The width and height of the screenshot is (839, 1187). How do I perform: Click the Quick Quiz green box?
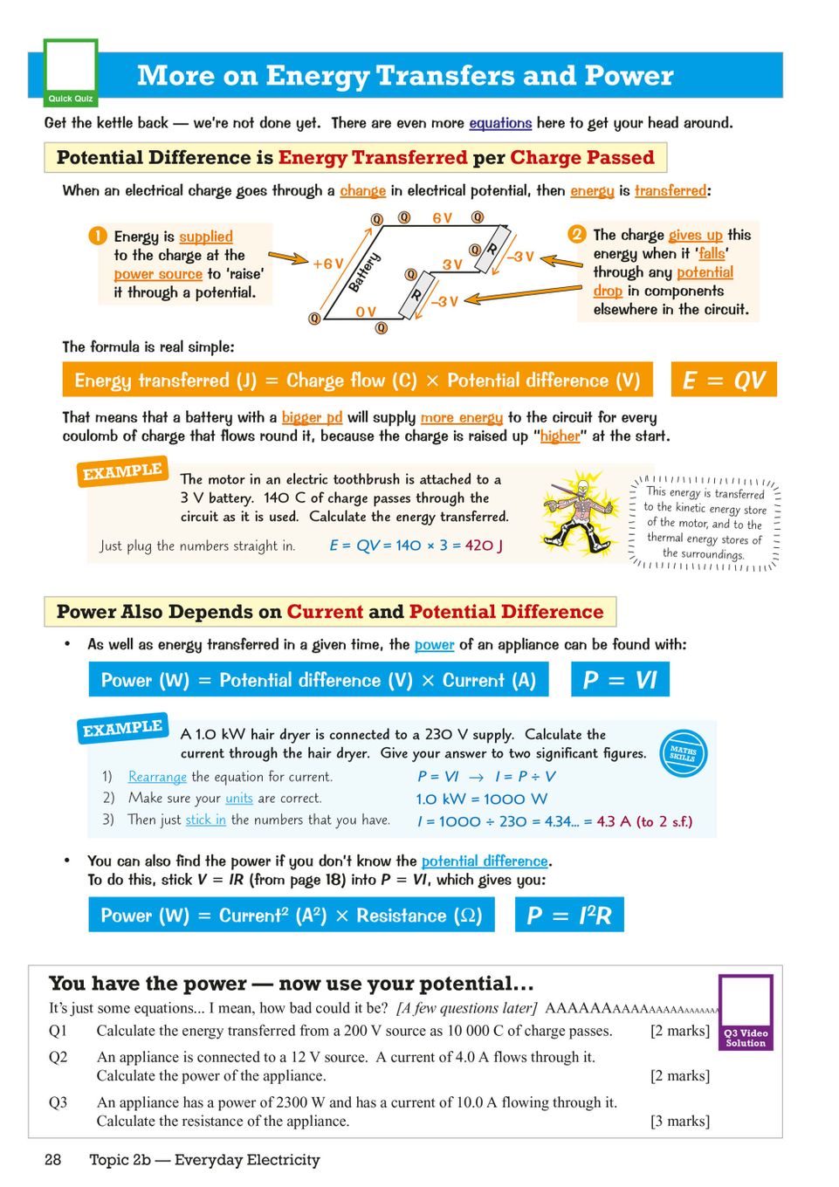click(71, 73)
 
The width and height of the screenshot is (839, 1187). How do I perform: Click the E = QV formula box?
click(724, 381)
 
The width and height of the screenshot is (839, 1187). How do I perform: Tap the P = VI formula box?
click(620, 680)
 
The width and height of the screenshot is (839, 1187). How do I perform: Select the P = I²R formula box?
click(569, 916)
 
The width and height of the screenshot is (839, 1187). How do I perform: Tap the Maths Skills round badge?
click(683, 752)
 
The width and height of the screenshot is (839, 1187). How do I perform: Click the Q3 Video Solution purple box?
click(746, 1012)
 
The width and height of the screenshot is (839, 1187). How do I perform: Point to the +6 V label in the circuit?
click(328, 264)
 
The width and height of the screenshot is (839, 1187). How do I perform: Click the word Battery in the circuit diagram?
click(364, 272)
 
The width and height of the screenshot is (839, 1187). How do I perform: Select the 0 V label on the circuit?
click(365, 312)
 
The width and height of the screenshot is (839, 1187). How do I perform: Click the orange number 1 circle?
click(97, 237)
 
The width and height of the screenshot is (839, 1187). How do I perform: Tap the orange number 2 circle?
click(576, 234)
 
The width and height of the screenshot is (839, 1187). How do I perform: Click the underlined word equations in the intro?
click(500, 123)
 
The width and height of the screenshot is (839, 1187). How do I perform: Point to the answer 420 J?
click(485, 545)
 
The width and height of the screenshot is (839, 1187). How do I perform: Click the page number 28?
click(53, 1160)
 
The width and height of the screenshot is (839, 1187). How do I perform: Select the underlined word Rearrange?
click(157, 777)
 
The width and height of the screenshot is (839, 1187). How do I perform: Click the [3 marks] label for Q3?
click(680, 1121)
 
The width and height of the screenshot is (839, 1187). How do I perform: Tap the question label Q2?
click(58, 1057)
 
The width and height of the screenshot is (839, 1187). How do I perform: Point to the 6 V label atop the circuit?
click(442, 218)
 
